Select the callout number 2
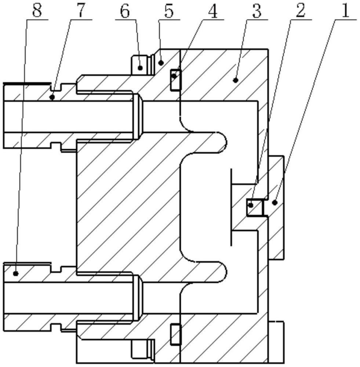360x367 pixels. tap(301, 11)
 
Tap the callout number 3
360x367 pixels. tap(257, 11)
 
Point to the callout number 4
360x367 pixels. tap(213, 11)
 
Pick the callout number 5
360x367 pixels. tap(169, 11)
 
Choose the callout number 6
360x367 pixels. tap(125, 11)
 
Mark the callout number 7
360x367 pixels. tap(81, 11)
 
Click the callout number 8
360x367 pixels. tap(37, 11)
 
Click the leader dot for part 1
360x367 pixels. tap(275, 203)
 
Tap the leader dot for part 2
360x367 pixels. tap(251, 205)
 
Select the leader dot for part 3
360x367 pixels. tap(236, 80)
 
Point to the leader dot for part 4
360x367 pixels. tap(174, 76)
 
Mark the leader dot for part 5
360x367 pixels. tap(161, 62)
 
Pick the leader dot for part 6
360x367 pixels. tap(140, 68)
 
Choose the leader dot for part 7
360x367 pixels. tap(52, 97)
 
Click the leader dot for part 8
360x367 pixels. tap(16, 273)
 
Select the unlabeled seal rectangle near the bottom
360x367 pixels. tap(176, 334)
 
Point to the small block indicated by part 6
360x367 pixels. tap(140, 65)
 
